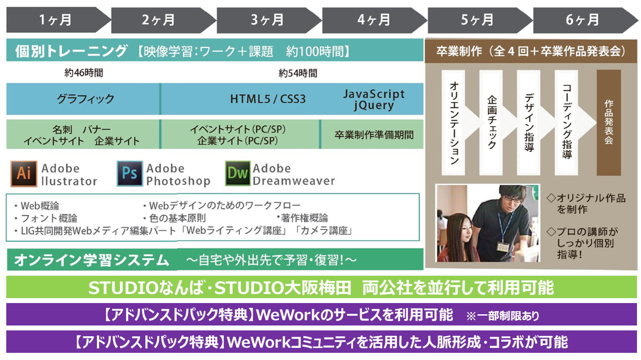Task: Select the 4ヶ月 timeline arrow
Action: coord(373,20)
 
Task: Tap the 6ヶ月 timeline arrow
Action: coord(584,20)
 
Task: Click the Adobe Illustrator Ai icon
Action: coord(24,173)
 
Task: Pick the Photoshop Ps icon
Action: coord(130,173)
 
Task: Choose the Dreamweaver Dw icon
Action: coord(238,173)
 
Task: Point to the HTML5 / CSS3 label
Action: coord(268,99)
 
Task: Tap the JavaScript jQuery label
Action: coord(374,99)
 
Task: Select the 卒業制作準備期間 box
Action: coord(372,134)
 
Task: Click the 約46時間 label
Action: coord(83,73)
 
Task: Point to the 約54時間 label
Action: coord(298,73)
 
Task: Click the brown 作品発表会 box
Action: coord(609,122)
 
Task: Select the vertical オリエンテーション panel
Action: coord(454,122)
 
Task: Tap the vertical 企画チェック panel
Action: coord(491,122)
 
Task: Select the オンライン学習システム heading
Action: coord(91,260)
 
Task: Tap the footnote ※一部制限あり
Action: coord(503,316)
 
